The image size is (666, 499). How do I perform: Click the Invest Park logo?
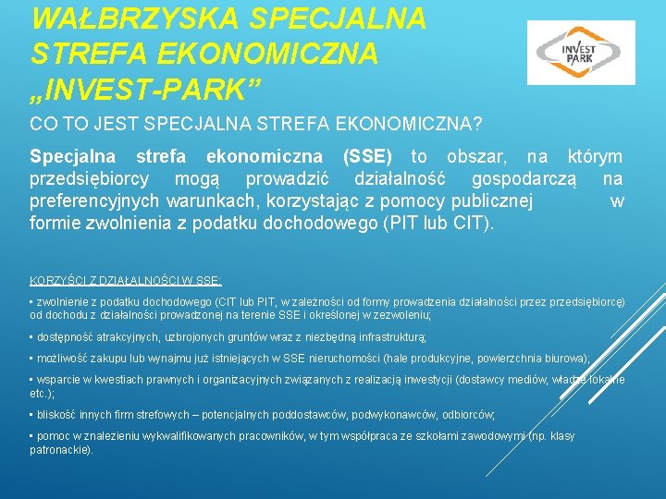point(581,53)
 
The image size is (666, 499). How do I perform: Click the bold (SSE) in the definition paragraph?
point(367,157)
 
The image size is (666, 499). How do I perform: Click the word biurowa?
point(564,358)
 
